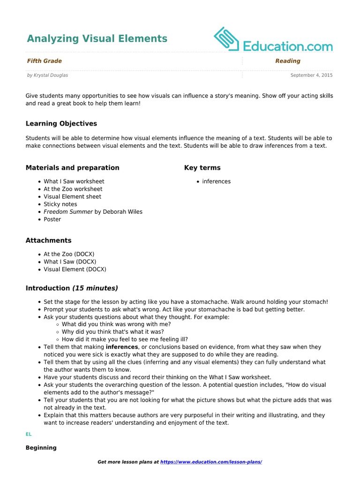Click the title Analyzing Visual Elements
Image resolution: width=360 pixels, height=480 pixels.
[97, 38]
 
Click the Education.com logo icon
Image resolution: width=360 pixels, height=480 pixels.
[227, 38]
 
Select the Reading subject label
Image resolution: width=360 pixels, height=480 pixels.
[288, 61]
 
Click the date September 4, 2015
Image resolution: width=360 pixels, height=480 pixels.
[311, 75]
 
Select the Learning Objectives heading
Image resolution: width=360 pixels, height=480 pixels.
[61, 124]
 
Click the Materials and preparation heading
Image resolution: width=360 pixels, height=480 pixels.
[73, 168]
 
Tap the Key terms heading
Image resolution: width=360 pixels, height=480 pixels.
[202, 168]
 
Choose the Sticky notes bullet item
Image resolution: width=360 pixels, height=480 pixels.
[60, 204]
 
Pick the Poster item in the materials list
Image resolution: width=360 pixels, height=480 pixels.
[52, 219]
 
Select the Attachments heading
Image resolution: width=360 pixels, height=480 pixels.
[49, 240]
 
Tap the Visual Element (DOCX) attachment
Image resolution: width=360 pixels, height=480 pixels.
[75, 270]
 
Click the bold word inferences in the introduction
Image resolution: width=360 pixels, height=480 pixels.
[122, 347]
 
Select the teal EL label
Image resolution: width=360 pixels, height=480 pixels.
[29, 435]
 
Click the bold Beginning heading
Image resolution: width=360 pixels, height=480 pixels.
[41, 448]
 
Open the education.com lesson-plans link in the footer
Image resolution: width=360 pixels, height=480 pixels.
[211, 462]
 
